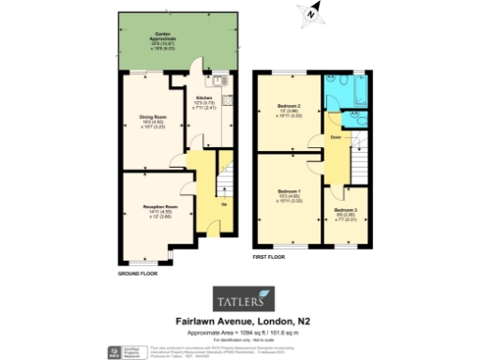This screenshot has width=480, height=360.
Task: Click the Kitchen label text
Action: click(203, 97)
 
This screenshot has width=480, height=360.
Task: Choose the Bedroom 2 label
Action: click(288, 106)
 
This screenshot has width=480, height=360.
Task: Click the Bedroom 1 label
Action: click(288, 190)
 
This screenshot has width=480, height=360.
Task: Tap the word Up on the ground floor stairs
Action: click(223, 203)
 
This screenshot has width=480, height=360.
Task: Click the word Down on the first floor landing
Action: click(336, 138)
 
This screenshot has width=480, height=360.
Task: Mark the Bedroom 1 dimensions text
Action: click(288, 199)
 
